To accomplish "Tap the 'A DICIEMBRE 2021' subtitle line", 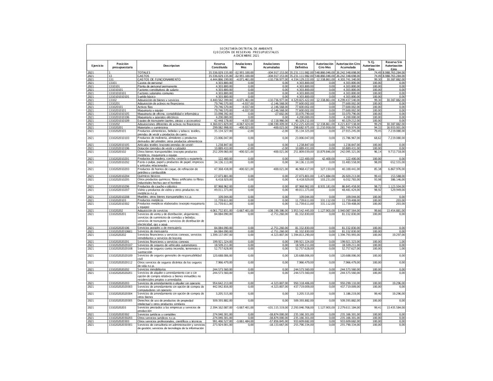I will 246,56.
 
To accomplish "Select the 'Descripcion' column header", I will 171,66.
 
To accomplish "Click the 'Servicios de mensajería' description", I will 152,231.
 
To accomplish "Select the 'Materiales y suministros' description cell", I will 152,127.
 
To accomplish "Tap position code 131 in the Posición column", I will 111,79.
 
